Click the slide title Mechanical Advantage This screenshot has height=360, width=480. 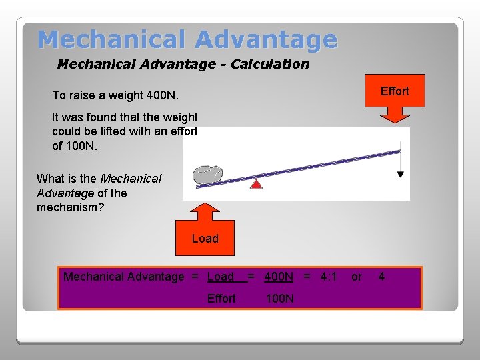187,39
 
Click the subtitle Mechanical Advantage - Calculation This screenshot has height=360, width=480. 183,64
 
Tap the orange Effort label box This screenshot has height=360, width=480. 394,91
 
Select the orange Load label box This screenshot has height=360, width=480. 205,239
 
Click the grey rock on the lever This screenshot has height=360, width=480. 207,174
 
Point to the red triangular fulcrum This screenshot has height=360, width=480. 256,183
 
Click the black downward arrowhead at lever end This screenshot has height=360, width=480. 400,174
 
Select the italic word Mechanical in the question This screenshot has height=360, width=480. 131,179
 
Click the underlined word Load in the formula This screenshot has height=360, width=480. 221,277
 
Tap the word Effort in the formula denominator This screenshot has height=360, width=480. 221,299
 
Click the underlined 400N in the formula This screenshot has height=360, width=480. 279,277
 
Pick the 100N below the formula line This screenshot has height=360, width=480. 279,299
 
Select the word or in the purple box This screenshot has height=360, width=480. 357,277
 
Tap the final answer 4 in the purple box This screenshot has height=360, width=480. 381,277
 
